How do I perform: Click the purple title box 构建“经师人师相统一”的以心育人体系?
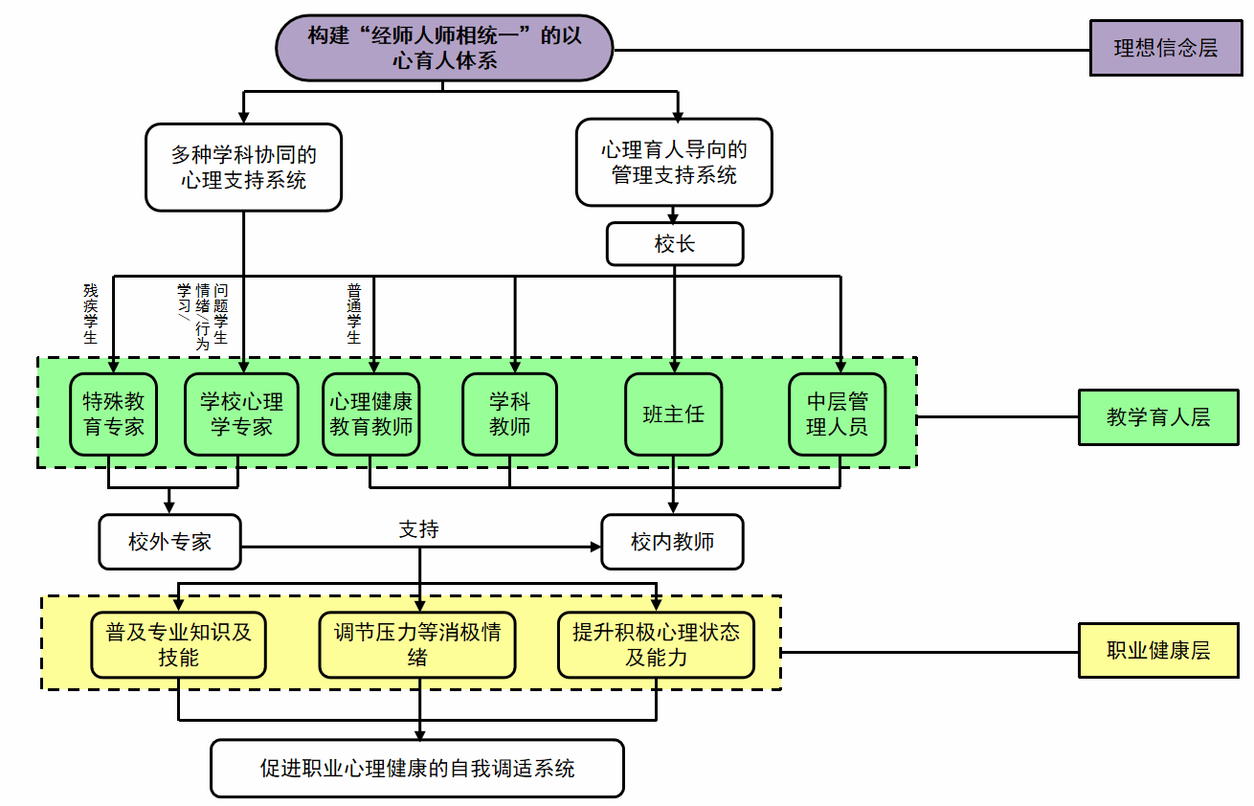444,48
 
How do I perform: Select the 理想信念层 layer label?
1165,48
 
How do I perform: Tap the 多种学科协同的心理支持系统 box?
243,167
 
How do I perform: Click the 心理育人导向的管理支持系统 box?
674,162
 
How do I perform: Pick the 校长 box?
674,244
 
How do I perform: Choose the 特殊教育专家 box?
113,414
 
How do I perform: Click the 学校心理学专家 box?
241,414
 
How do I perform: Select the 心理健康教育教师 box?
371,414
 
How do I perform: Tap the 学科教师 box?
509,414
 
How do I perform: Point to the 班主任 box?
674,414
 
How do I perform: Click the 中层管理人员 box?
837,414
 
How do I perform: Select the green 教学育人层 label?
1158,417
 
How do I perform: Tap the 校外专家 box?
169,542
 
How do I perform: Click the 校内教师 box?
672,542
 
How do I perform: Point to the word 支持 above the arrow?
419,528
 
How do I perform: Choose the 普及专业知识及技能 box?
178,644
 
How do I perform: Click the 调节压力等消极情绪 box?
417,644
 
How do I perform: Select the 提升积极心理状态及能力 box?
656,644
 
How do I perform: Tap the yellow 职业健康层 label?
1158,651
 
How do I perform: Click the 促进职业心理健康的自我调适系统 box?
417,768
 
